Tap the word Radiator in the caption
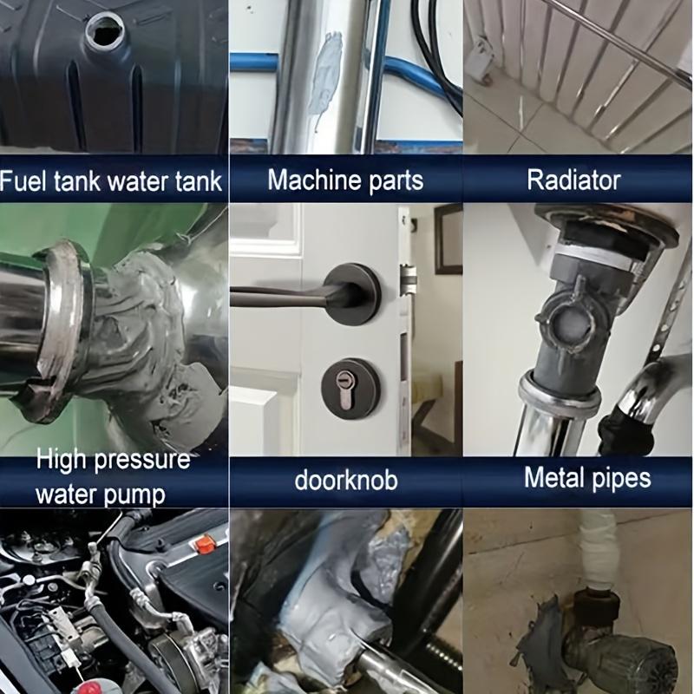(574, 180)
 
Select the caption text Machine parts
(345, 180)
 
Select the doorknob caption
(345, 480)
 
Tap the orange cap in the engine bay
(205, 544)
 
